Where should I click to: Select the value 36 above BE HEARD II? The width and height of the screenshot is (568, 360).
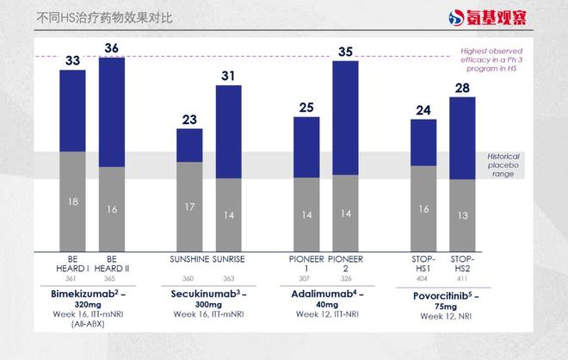112,48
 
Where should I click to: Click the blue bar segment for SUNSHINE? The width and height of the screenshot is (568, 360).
189,145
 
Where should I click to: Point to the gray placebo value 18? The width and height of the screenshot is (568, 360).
72,202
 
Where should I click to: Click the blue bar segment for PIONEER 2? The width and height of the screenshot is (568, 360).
345,117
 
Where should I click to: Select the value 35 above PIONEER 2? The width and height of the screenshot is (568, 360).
345,52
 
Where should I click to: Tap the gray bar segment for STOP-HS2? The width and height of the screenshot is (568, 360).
462,215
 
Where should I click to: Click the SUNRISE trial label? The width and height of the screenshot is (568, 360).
229,258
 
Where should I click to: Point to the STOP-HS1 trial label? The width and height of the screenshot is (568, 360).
423,263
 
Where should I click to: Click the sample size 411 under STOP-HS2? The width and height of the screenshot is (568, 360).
462,279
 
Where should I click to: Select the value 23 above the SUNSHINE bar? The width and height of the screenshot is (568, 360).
189,120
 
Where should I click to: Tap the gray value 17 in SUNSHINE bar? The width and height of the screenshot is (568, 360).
189,207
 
